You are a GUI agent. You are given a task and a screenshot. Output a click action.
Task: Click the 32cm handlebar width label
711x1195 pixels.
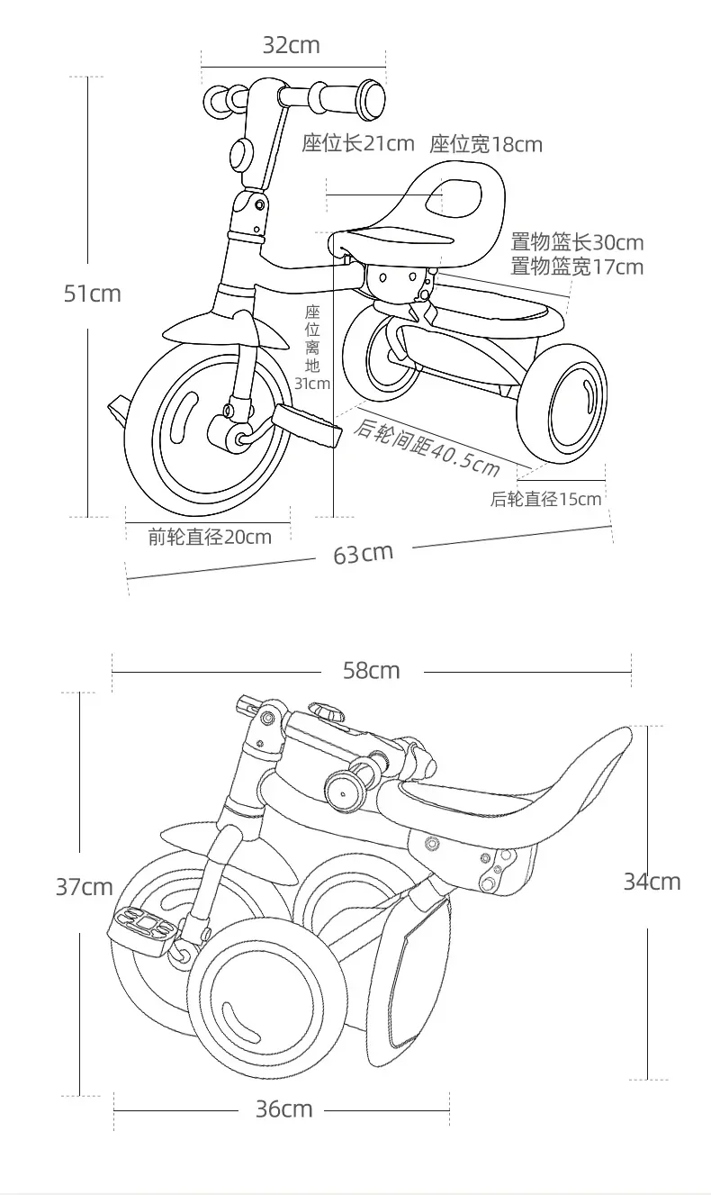pyautogui.click(x=292, y=45)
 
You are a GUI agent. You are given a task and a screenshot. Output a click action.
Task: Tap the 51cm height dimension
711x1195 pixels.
pyautogui.click(x=92, y=294)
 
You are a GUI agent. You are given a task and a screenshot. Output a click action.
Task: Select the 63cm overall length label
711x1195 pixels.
pyautogui.click(x=364, y=553)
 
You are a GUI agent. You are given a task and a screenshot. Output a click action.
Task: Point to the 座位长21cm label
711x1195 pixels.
pyautogui.click(x=357, y=144)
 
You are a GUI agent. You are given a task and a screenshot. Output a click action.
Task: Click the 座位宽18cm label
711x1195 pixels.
pyautogui.click(x=486, y=144)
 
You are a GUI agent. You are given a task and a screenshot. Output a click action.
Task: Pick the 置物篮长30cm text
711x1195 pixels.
pyautogui.click(x=577, y=242)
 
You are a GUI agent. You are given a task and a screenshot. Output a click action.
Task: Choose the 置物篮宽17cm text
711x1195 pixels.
pyautogui.click(x=577, y=267)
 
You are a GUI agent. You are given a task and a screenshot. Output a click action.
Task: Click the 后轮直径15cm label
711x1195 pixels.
pyautogui.click(x=545, y=499)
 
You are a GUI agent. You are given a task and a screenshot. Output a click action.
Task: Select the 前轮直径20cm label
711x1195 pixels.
pyautogui.click(x=210, y=538)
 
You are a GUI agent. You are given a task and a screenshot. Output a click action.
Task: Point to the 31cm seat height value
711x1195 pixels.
pyautogui.click(x=312, y=384)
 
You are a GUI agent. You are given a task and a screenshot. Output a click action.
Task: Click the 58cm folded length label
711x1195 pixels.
pyautogui.click(x=371, y=671)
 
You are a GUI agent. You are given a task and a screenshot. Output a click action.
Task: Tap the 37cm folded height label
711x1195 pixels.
pyautogui.click(x=85, y=887)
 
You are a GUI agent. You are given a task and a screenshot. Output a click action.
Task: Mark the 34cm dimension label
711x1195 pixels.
pyautogui.click(x=652, y=882)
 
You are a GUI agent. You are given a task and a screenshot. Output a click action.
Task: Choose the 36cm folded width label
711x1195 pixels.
pyautogui.click(x=284, y=1109)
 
